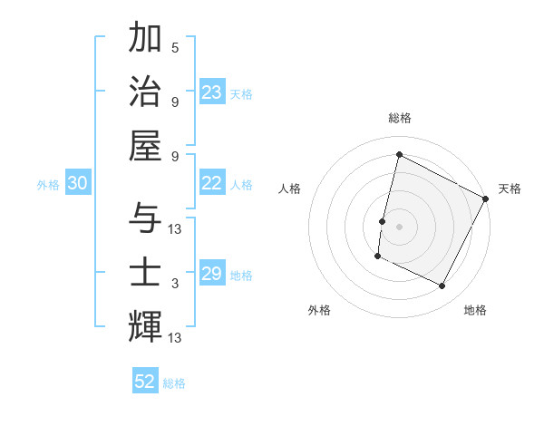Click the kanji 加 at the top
click(145, 39)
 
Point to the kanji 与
click(145, 218)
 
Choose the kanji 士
click(145, 271)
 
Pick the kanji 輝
click(145, 324)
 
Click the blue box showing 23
click(211, 92)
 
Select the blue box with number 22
click(211, 183)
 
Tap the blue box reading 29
click(211, 274)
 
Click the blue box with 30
click(77, 183)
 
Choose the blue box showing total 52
click(145, 382)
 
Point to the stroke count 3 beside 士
click(175, 284)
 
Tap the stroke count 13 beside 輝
click(175, 338)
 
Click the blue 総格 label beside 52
click(174, 383)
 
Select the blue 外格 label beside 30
click(48, 185)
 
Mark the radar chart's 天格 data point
click(486, 198)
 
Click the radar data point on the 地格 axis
click(442, 286)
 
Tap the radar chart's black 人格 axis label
click(290, 189)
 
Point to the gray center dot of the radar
click(399, 227)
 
